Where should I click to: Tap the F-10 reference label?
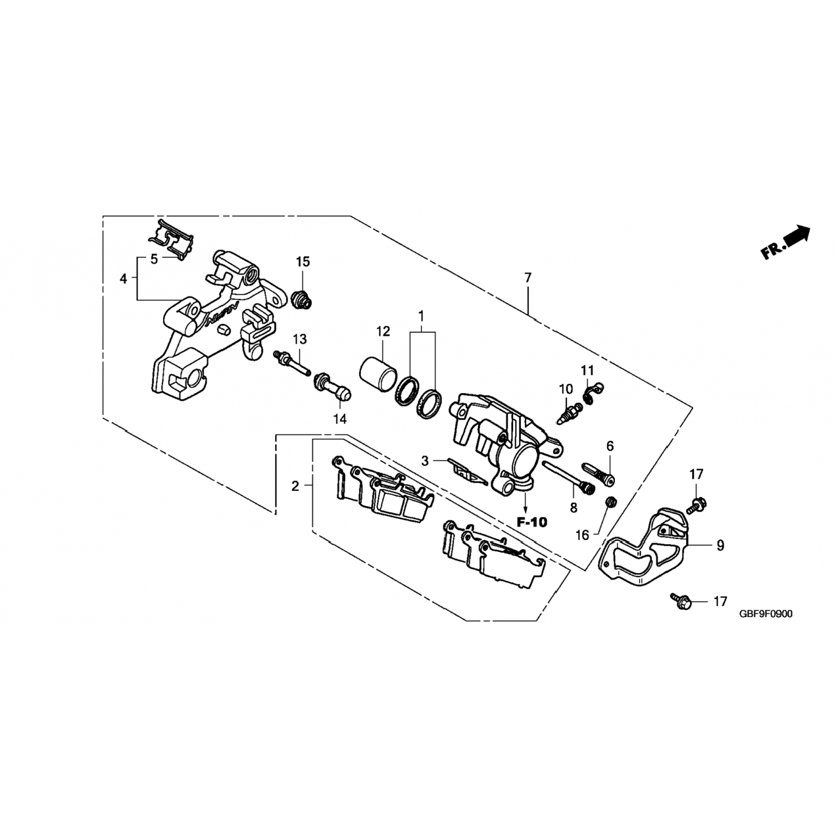point(532,522)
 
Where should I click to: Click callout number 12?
point(383,331)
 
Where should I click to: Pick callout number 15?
point(303,262)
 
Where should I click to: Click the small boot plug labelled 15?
point(302,300)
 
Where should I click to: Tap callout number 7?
point(528,277)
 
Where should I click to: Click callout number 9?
point(721,546)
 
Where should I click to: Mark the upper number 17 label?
point(696,474)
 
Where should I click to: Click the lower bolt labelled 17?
point(681,600)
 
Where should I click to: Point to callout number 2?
point(295,486)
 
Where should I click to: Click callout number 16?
point(582,535)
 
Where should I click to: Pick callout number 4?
point(123,279)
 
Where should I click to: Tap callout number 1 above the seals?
point(421,317)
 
